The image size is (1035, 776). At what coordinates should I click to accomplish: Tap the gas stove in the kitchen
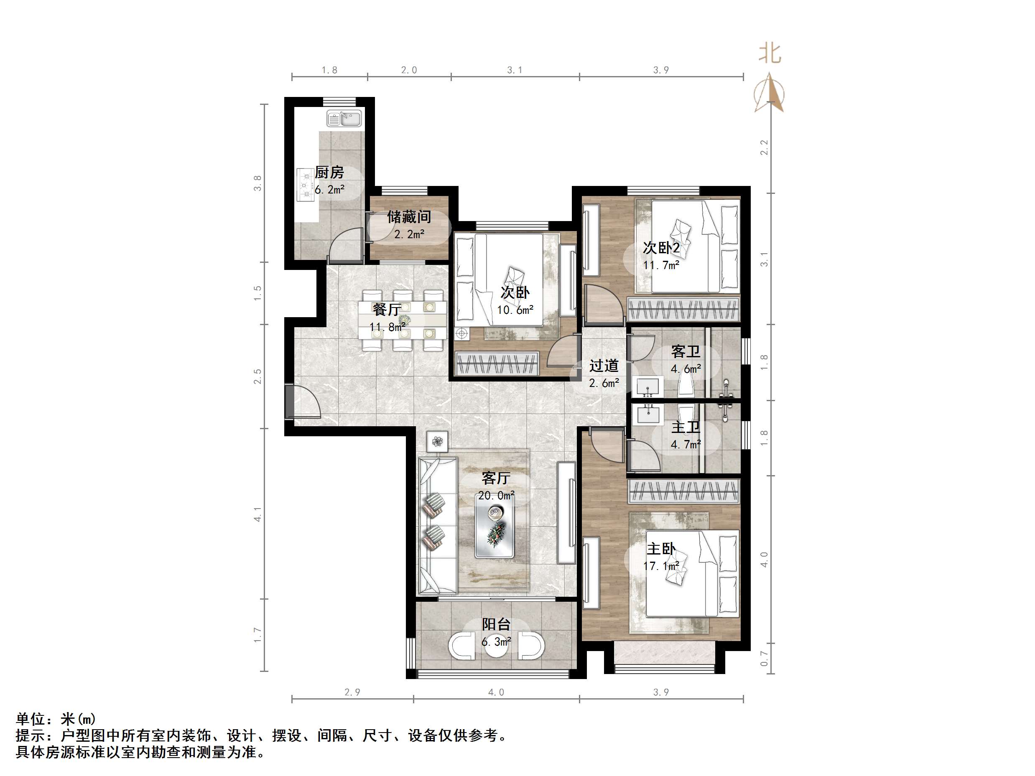click(306, 185)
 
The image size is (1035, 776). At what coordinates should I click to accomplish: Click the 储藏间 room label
click(408, 217)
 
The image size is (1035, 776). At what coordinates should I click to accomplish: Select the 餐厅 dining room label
click(387, 309)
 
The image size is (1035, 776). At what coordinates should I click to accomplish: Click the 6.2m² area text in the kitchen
click(329, 190)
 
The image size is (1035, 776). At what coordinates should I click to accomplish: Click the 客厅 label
click(495, 478)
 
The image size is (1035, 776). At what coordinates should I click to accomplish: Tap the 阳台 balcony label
click(496, 624)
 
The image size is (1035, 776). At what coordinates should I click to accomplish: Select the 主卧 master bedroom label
click(661, 549)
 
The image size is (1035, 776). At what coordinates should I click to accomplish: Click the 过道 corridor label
click(604, 366)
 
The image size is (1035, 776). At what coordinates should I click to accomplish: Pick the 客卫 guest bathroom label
click(685, 351)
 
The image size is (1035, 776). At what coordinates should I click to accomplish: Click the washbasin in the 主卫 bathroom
click(648, 414)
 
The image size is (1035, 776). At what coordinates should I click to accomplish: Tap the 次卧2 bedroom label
click(661, 247)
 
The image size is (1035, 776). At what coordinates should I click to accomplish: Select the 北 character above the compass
click(770, 53)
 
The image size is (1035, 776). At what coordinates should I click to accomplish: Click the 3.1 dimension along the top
click(515, 70)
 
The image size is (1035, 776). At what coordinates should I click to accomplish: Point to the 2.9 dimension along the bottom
click(352, 692)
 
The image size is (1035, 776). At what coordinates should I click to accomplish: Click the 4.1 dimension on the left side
click(257, 514)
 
